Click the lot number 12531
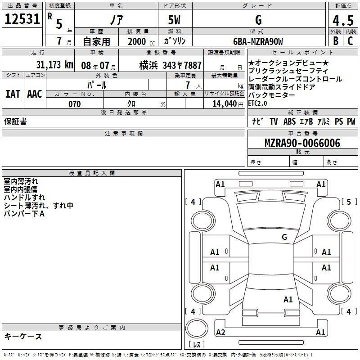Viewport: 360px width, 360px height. [22, 19]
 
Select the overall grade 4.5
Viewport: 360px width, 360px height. [343, 20]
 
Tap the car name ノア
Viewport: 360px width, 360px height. [117, 20]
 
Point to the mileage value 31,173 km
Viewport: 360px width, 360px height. [54, 65]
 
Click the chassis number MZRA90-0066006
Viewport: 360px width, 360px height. [302, 143]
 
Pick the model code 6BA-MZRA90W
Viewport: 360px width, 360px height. [258, 41]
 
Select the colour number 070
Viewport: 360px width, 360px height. [74, 104]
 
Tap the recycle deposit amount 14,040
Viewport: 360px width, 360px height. [224, 104]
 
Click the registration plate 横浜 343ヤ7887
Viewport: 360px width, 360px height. [171, 65]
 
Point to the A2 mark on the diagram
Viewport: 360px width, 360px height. [220, 332]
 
